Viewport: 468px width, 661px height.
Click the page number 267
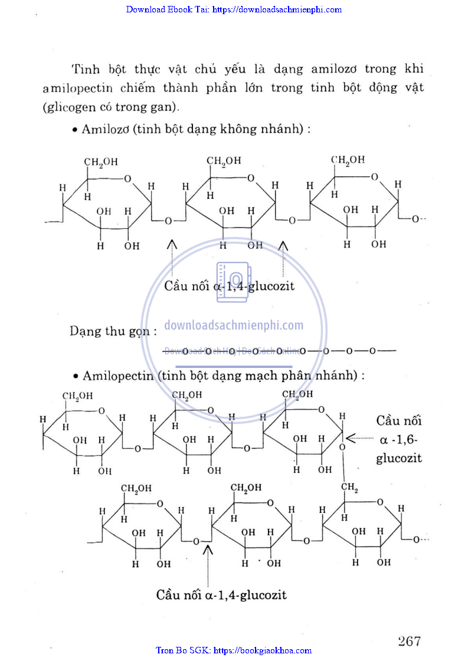tap(410, 641)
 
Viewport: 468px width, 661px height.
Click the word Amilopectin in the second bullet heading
tap(116, 376)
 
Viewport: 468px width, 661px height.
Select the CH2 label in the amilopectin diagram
tap(350, 488)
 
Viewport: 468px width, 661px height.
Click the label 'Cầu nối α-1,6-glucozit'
tap(400, 439)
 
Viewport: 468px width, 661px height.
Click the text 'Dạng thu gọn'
tap(112, 331)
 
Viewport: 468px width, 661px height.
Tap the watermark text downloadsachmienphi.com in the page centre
tap(234, 325)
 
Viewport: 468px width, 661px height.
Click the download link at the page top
tap(234, 9)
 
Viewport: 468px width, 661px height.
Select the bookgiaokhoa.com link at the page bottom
tap(234, 650)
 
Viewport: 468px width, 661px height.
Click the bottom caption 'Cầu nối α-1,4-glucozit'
tap(221, 594)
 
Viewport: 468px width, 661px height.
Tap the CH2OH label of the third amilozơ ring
tap(348, 160)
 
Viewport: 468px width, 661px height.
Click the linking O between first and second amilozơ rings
tap(168, 221)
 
